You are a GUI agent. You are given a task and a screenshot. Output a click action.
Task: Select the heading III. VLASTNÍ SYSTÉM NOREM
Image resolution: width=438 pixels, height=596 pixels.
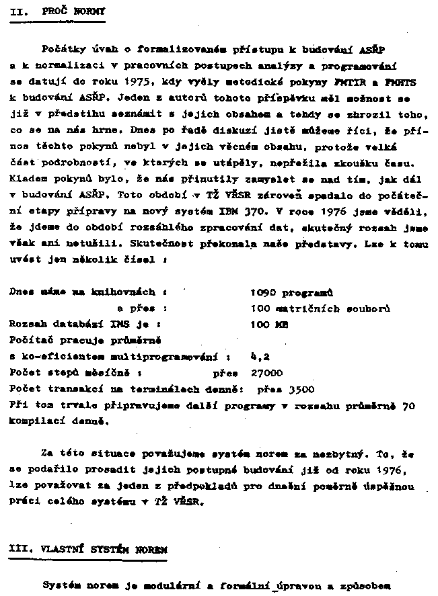point(88,549)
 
